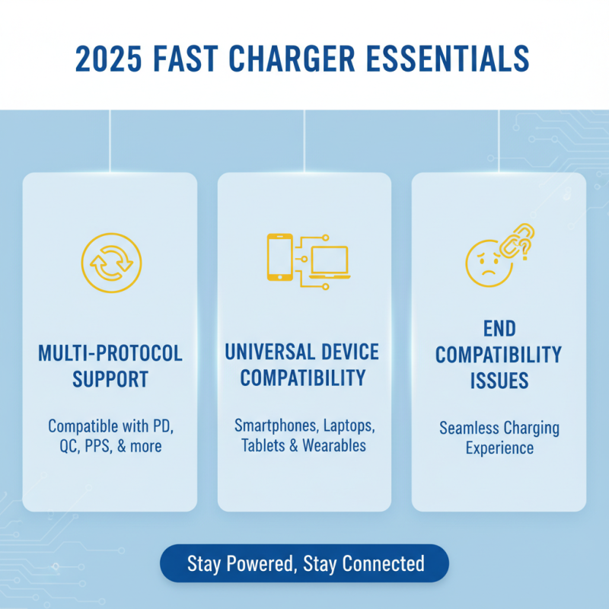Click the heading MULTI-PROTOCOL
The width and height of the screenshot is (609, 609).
[110, 354]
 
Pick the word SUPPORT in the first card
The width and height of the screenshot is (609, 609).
[110, 379]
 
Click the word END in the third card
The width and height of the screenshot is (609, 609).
[499, 329]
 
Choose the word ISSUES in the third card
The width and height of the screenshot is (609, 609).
[499, 380]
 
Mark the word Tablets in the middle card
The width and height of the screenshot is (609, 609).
[263, 445]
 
